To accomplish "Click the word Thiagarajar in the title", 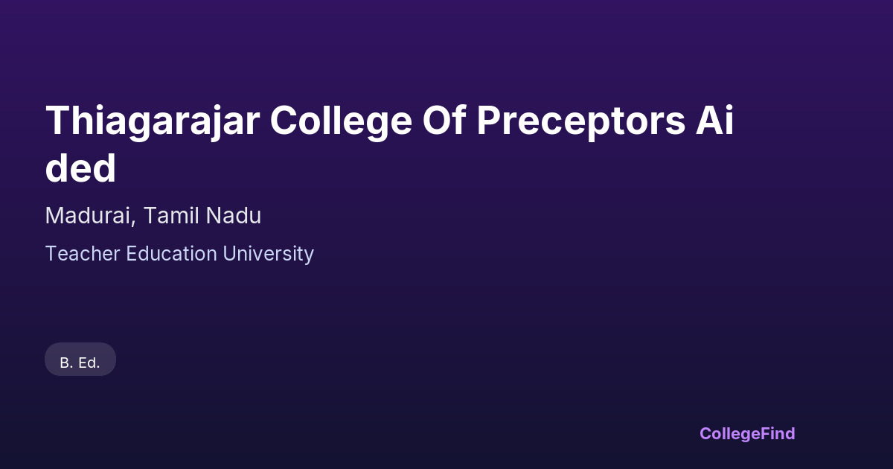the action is [x=153, y=121].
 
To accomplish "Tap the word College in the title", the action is [x=342, y=121].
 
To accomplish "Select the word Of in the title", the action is [x=444, y=120].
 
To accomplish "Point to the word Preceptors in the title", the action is [x=581, y=122].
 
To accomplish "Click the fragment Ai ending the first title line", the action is [x=714, y=120].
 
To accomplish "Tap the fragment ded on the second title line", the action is [x=80, y=167].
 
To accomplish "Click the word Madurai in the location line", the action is [x=88, y=216].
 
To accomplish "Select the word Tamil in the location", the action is [x=170, y=216].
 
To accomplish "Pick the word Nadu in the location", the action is [x=234, y=216].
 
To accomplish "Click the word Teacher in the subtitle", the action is [x=83, y=254].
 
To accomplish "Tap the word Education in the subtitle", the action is [x=171, y=254].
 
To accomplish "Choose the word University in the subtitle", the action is [x=269, y=255].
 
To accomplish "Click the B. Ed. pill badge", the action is [x=80, y=359].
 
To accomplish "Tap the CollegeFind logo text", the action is [x=747, y=434].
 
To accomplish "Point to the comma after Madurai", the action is [x=133, y=222].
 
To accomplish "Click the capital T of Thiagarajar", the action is [x=57, y=121].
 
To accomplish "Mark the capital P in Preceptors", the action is [x=489, y=121].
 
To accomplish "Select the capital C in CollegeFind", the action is [x=706, y=433].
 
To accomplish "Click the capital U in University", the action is [x=230, y=254].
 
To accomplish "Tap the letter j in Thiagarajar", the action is [x=215, y=124].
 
